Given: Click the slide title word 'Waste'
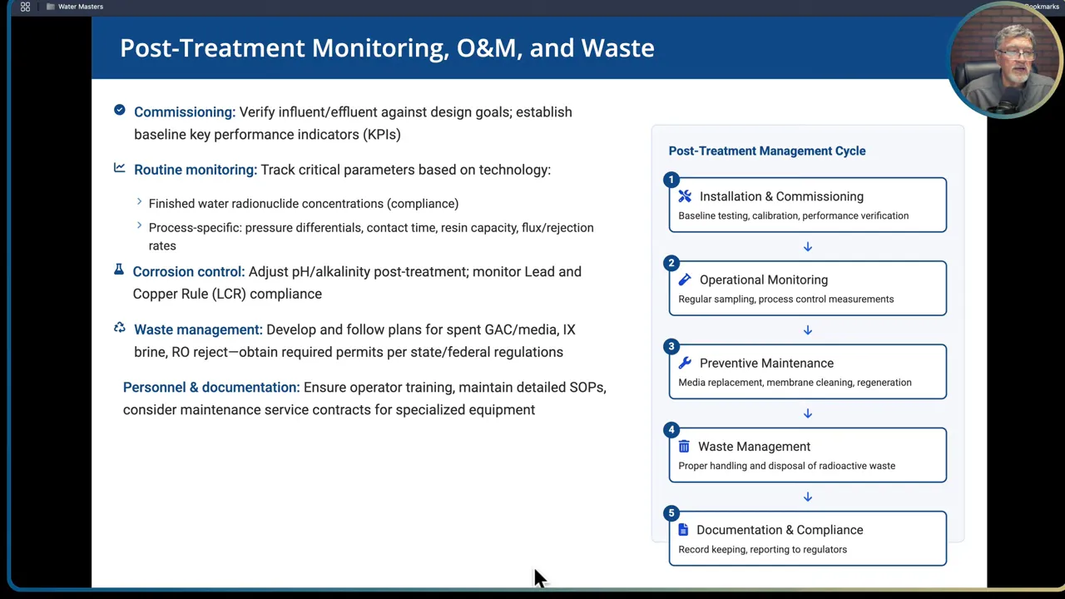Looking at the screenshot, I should click(x=617, y=48).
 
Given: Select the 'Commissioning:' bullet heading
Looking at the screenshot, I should click(x=185, y=112).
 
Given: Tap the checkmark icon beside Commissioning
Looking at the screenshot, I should click(x=120, y=110).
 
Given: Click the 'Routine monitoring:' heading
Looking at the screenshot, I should click(x=195, y=170).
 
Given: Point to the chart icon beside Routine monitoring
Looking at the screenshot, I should click(x=120, y=168).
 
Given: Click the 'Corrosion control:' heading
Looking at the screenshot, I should click(x=188, y=272).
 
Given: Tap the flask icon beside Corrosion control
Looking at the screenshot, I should click(x=119, y=270).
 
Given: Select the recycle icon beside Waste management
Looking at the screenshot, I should click(x=120, y=329).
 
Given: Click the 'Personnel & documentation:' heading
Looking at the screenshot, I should click(x=211, y=388).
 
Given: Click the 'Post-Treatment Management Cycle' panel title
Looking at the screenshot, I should click(x=766, y=151).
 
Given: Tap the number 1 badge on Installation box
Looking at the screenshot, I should click(x=671, y=181).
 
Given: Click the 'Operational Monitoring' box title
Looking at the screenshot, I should click(x=763, y=280).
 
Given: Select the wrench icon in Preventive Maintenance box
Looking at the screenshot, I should click(x=685, y=364).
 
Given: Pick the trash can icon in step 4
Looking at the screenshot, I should click(x=684, y=447).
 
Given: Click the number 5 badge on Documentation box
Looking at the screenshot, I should click(x=671, y=513).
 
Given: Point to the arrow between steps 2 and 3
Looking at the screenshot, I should click(x=807, y=330).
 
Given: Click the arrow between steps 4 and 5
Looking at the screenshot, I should click(x=807, y=497).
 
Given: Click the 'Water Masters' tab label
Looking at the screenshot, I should click(x=80, y=7).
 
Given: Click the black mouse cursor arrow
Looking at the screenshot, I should click(x=539, y=578).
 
